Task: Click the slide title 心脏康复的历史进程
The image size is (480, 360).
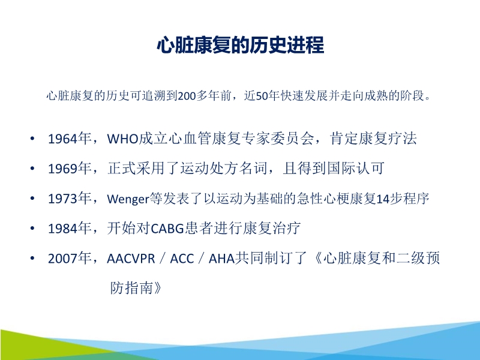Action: click(240, 46)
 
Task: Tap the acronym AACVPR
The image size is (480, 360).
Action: click(132, 259)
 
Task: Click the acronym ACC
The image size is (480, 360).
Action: click(182, 259)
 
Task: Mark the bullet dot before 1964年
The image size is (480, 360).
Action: click(32, 139)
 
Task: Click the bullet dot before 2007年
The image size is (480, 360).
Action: click(32, 259)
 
